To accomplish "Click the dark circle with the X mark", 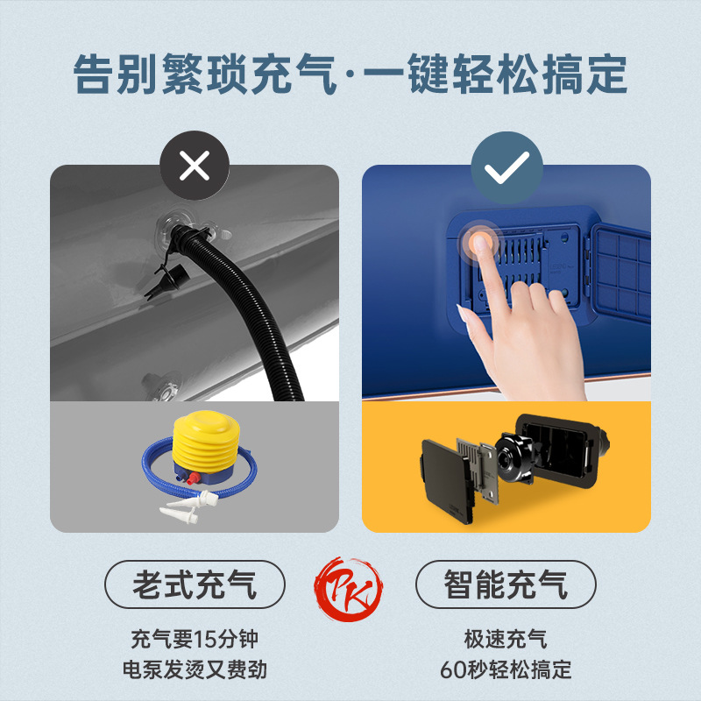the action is [195, 166].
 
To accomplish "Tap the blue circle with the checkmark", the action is [506, 167].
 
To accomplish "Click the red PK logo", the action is [349, 588].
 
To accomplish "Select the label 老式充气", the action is [195, 584].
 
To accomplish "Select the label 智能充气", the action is [506, 584].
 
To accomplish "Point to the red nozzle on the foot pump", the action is [193, 478].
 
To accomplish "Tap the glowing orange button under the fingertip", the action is [479, 242].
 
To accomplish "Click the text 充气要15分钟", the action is [195, 640].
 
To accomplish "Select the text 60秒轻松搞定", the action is [506, 669].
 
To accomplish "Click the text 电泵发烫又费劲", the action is [195, 669].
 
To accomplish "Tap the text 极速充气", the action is [506, 640].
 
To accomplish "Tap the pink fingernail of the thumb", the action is [462, 313].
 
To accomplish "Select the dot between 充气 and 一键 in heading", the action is [350, 74].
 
